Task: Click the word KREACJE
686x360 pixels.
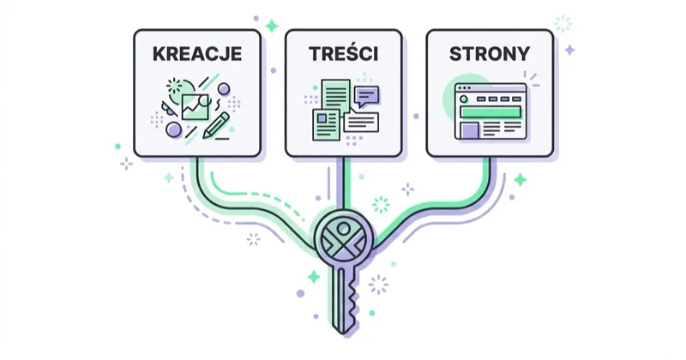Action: (197, 54)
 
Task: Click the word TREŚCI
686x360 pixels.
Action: (344, 53)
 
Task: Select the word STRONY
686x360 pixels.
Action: (490, 54)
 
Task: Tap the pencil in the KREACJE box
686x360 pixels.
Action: (216, 125)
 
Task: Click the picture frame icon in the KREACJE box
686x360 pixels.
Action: (196, 107)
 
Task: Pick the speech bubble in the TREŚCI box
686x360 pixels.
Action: (367, 96)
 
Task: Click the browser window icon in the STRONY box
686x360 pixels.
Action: (490, 111)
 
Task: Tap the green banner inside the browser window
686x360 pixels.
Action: (490, 112)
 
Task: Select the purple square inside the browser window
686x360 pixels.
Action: (470, 130)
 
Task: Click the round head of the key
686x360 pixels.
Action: (344, 239)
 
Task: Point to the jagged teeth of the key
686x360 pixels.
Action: (353, 301)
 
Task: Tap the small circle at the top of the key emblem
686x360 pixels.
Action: (344, 228)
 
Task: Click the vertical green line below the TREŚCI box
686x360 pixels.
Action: (344, 183)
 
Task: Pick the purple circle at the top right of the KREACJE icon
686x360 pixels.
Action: (224, 89)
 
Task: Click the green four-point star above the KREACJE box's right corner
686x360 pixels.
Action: (272, 26)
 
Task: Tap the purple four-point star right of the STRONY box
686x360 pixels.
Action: (569, 51)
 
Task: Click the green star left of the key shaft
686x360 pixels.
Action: (313, 277)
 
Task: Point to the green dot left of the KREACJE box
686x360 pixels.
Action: (117, 147)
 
